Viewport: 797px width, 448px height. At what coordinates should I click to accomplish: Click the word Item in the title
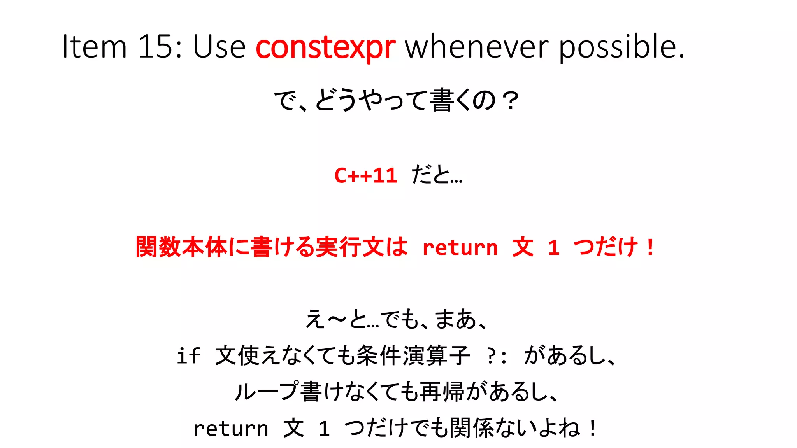click(95, 47)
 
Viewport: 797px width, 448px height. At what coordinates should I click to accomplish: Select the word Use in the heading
click(219, 47)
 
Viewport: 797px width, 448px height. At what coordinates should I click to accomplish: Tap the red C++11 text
click(365, 175)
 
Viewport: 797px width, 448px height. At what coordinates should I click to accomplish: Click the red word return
click(460, 248)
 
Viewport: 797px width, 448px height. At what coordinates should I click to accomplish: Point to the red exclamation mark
click(650, 247)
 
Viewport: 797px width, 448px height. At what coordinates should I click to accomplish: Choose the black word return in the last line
click(230, 429)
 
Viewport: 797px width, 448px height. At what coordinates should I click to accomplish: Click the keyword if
click(188, 355)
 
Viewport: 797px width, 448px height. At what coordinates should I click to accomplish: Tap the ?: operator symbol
click(497, 356)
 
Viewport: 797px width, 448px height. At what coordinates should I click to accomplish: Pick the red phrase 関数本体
click(181, 247)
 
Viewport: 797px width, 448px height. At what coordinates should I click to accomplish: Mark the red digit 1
click(553, 248)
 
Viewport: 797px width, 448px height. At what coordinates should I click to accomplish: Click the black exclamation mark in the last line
click(593, 428)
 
